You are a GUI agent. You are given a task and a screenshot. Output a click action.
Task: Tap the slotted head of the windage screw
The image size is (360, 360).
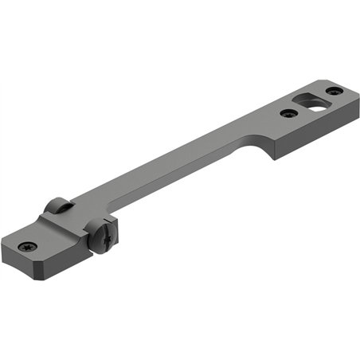point(104,236)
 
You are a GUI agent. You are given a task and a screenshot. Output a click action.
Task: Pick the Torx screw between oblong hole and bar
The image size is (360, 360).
point(289,113)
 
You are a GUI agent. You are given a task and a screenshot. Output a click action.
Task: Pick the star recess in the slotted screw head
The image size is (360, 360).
point(104,236)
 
